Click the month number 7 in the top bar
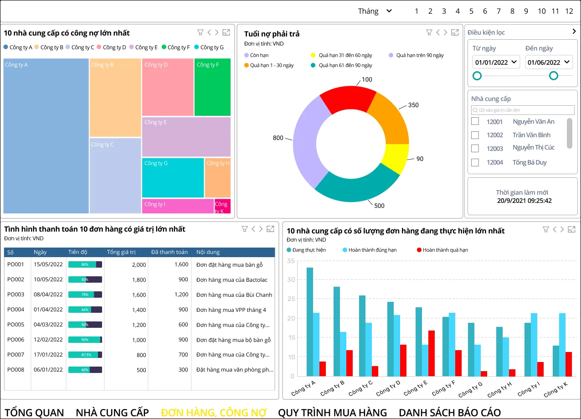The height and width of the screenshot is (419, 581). [x=499, y=11]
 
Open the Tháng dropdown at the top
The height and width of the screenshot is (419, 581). [x=375, y=11]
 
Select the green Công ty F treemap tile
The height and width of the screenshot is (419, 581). [x=212, y=87]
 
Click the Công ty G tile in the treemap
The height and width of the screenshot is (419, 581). [x=173, y=178]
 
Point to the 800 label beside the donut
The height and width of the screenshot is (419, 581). [x=278, y=138]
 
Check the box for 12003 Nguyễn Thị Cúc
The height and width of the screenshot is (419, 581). [x=475, y=148]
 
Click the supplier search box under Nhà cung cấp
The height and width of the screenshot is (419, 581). [x=522, y=110]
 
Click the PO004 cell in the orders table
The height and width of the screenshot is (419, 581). [x=16, y=310]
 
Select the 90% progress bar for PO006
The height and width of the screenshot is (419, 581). [x=85, y=340]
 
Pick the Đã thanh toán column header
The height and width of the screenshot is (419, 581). [x=170, y=252]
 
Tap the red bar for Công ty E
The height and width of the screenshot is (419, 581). [x=431, y=353]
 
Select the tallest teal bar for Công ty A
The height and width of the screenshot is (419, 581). [x=310, y=321]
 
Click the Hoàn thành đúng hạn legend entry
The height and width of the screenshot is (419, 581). [x=370, y=250]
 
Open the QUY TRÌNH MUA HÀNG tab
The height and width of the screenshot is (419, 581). [x=332, y=413]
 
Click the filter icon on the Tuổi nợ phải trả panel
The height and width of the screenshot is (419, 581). [x=429, y=32]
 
